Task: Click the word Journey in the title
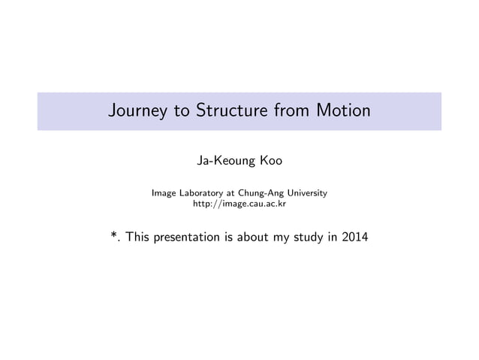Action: coord(137,111)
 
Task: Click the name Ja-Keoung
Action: coord(221,160)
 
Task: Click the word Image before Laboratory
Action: coord(164,193)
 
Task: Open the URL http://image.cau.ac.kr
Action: coord(239,204)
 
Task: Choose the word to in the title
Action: coord(182,111)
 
